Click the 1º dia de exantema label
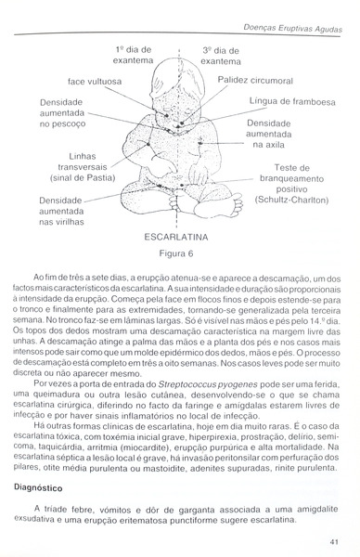tap(133, 54)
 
